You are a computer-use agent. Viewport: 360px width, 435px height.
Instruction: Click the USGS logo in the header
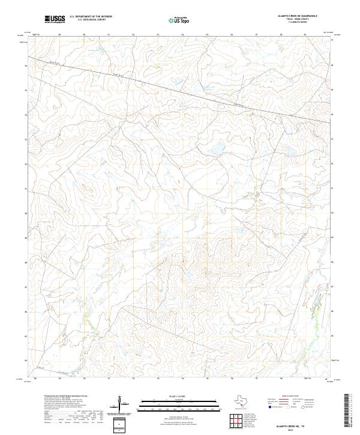point(55,19)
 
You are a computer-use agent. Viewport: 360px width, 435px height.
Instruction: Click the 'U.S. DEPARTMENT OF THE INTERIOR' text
point(91,17)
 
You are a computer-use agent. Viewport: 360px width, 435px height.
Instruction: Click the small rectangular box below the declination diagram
point(121,425)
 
